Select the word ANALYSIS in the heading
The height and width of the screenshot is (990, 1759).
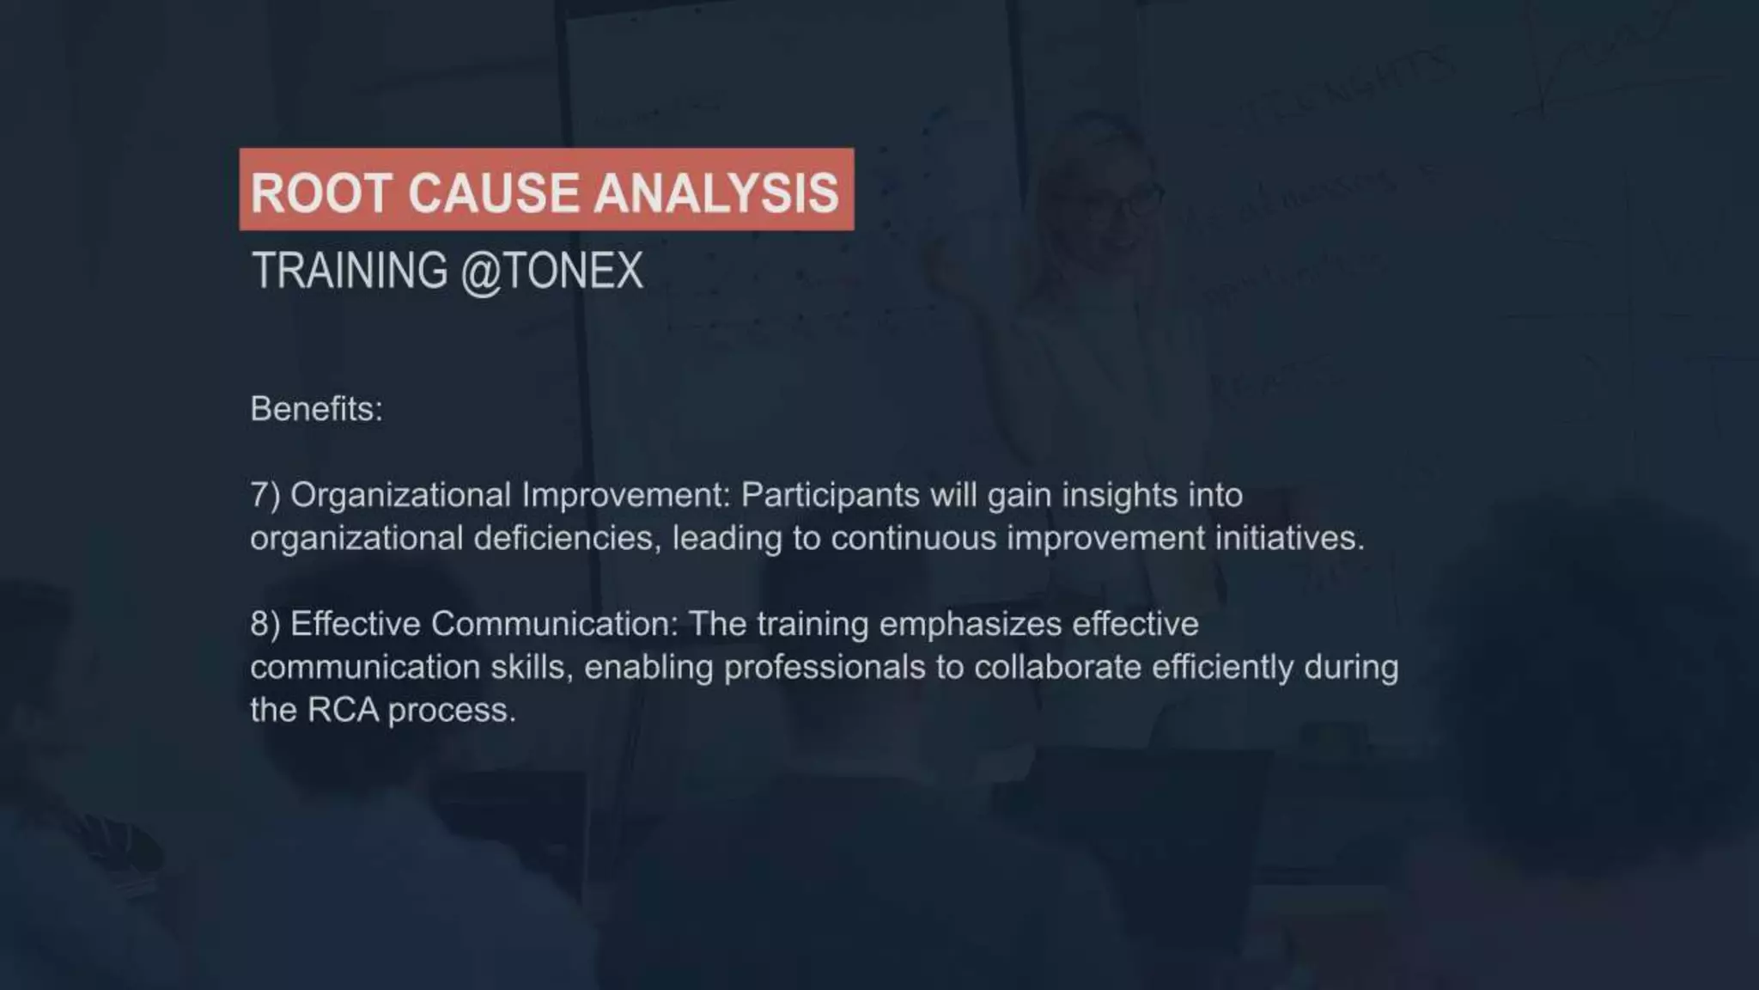tap(716, 192)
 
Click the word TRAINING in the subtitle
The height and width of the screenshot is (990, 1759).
tap(350, 271)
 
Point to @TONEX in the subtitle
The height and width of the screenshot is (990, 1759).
tap(551, 271)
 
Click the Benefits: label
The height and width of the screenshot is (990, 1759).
tap(316, 409)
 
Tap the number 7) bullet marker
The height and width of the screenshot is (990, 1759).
tap(265, 496)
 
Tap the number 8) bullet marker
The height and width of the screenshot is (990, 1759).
tap(265, 625)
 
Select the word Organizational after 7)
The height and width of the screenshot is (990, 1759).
tap(400, 496)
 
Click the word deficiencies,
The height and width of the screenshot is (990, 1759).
tap(568, 539)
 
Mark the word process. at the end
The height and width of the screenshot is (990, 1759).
tap(452, 712)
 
